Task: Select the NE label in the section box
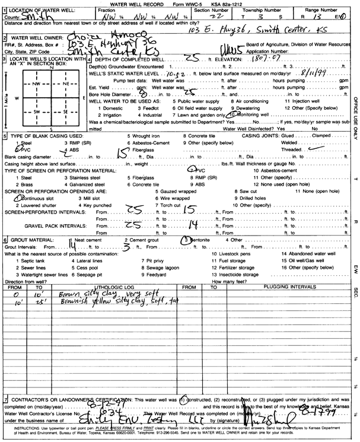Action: click(66, 84)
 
